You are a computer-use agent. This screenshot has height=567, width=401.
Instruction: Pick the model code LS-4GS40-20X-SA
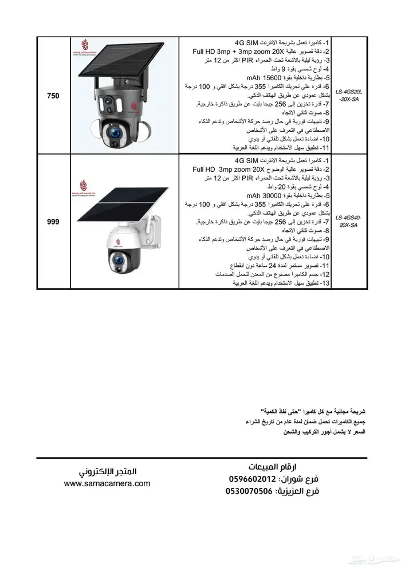348,221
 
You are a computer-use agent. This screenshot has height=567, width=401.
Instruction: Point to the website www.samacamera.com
107,483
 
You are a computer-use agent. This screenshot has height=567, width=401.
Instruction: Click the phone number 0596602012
253,479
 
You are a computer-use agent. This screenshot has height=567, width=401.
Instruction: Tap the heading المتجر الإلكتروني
107,471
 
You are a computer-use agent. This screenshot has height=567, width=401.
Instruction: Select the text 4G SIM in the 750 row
247,43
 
